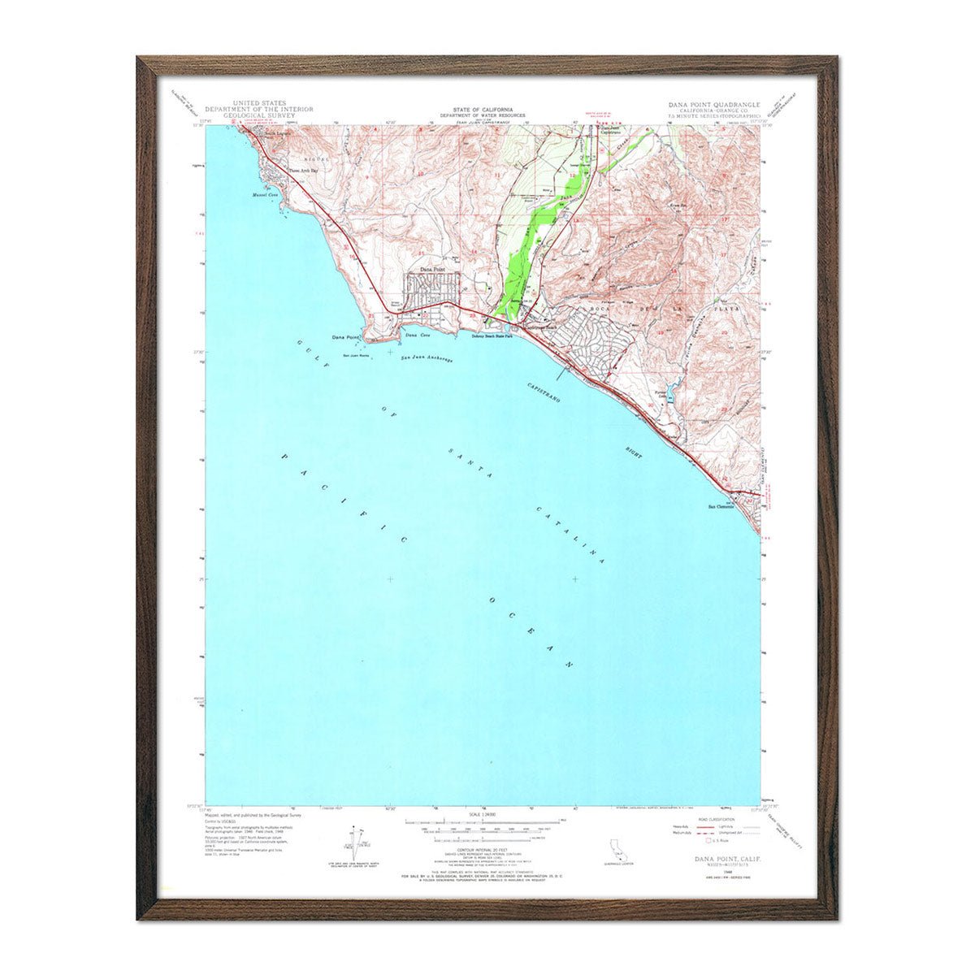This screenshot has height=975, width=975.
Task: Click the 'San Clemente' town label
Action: pos(719,507)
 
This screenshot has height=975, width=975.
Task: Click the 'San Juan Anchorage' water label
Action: pos(427,358)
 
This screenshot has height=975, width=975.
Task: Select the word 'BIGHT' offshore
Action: pos(635,453)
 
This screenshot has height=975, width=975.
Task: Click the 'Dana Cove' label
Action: pos(417,335)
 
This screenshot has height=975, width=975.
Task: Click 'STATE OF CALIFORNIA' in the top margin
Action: pos(483,109)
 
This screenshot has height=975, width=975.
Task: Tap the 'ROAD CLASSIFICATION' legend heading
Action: pos(714,821)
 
